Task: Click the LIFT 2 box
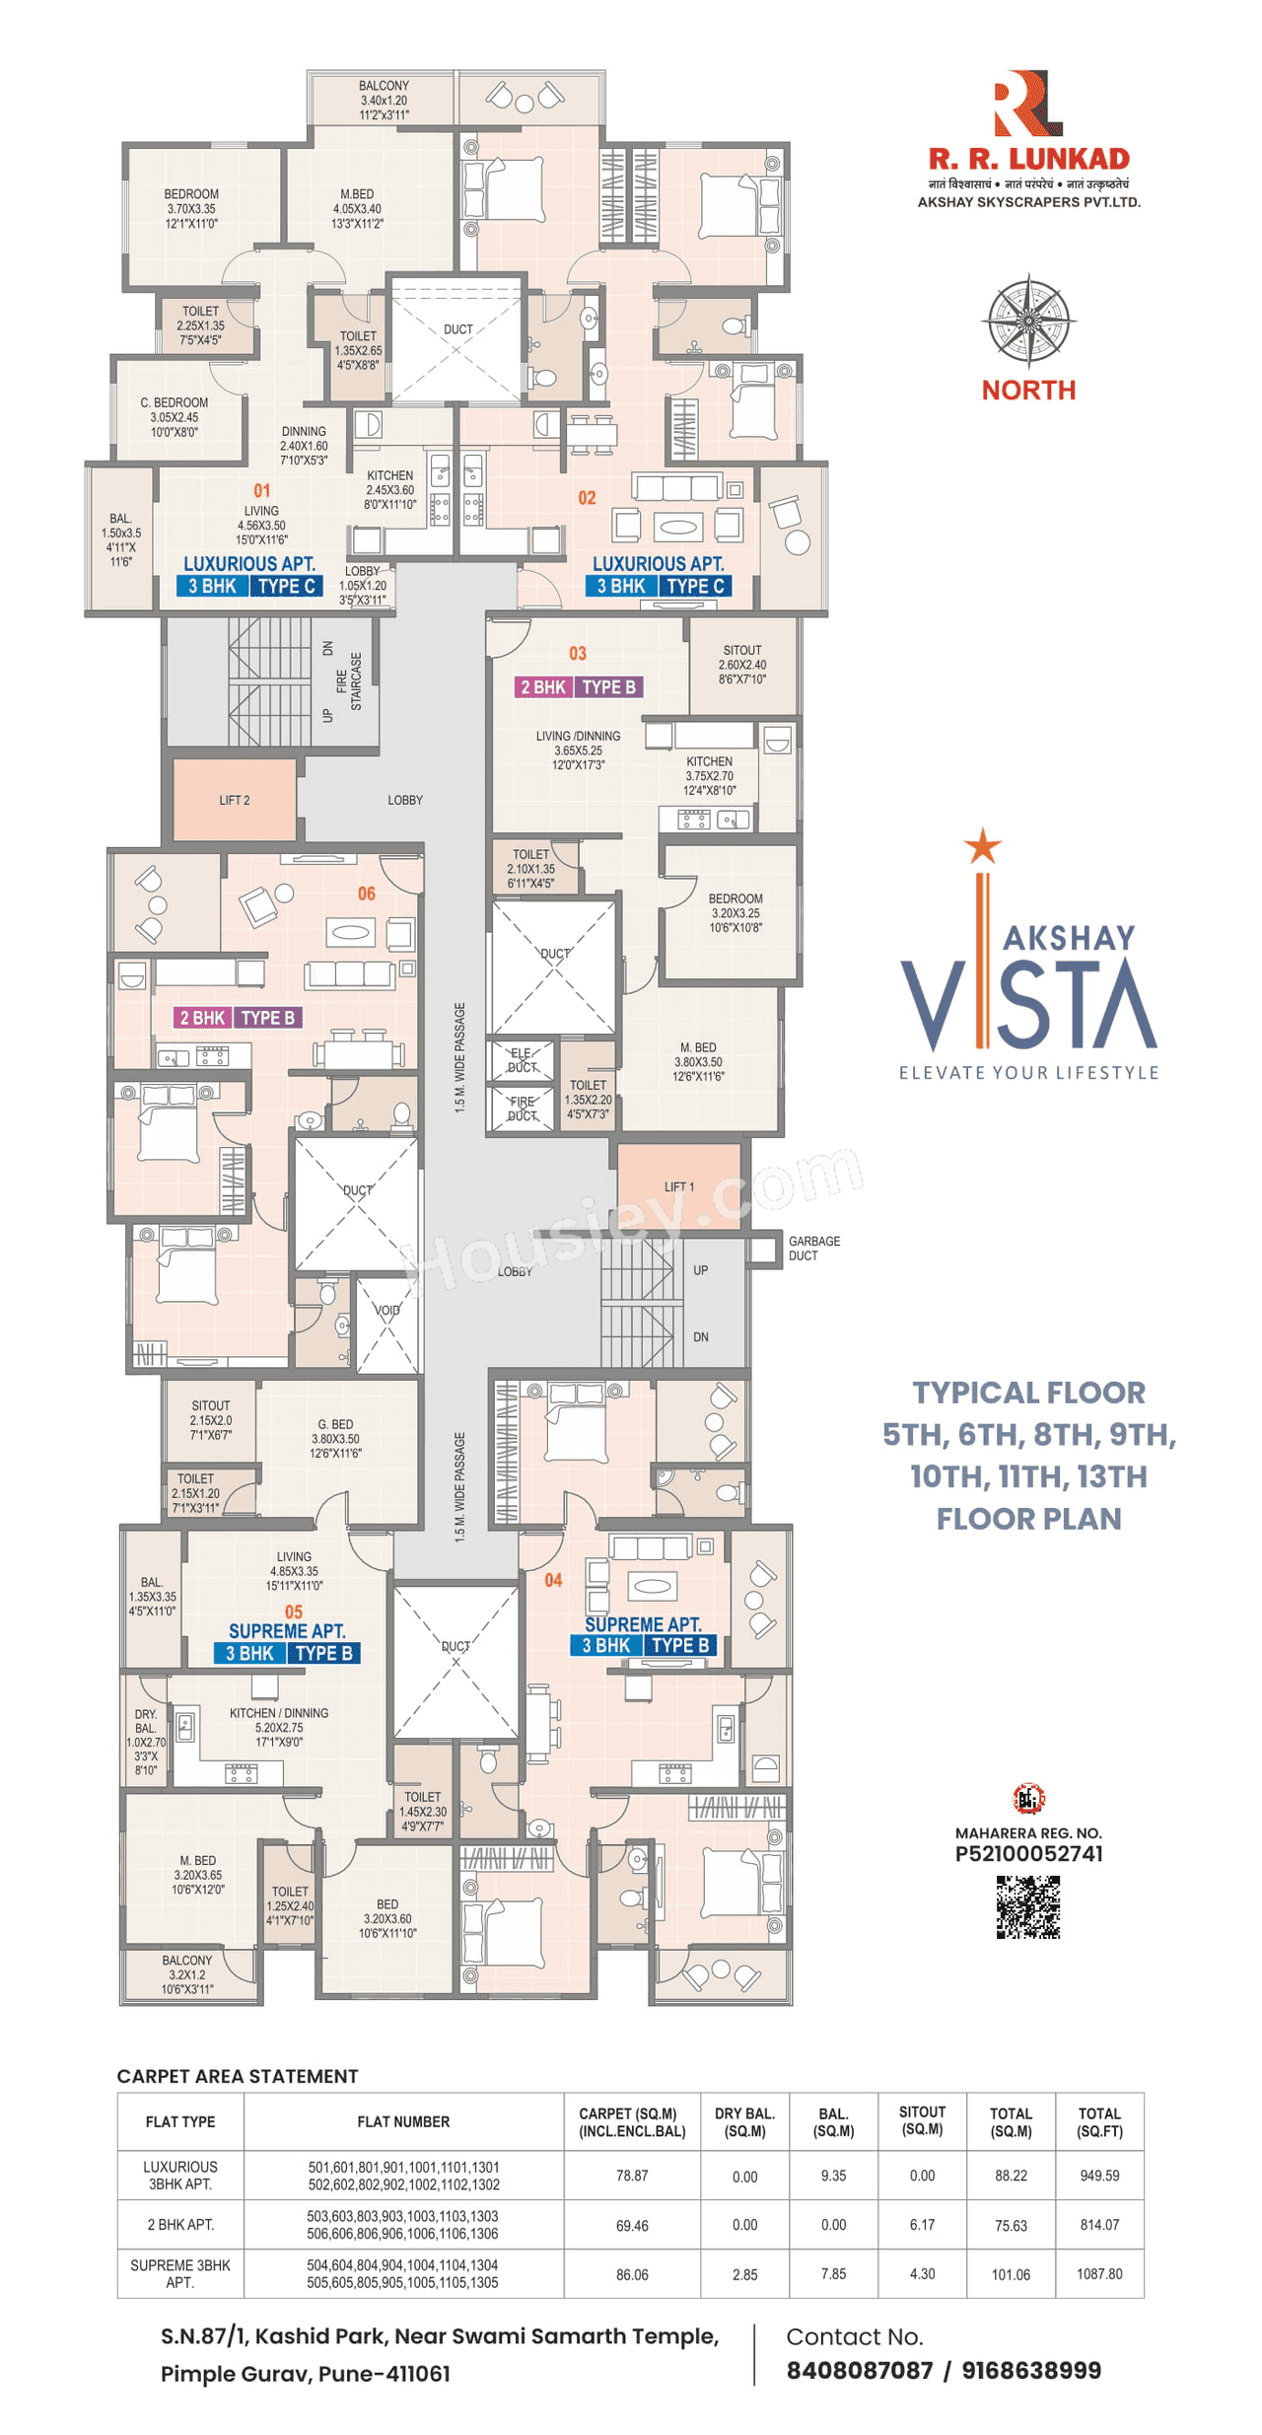pyautogui.click(x=234, y=799)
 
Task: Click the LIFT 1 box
pyautogui.click(x=678, y=1185)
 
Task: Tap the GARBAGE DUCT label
pyautogui.click(x=813, y=1248)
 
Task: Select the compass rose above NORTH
pyautogui.click(x=1028, y=322)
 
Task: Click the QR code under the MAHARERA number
pyautogui.click(x=1027, y=1906)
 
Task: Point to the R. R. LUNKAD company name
pyautogui.click(x=1028, y=158)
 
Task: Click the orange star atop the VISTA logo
pyautogui.click(x=982, y=846)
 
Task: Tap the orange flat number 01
pyautogui.click(x=261, y=490)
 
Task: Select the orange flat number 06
pyautogui.click(x=366, y=893)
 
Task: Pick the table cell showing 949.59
pyautogui.click(x=1098, y=2175)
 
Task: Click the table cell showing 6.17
pyautogui.click(x=922, y=2224)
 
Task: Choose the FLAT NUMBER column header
pyautogui.click(x=403, y=2120)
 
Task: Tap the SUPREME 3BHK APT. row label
pyautogui.click(x=180, y=2273)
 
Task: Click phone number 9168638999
pyautogui.click(x=1030, y=2370)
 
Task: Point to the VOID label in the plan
pyautogui.click(x=387, y=1310)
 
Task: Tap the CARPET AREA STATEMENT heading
pyautogui.click(x=238, y=2076)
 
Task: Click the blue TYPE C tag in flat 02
pyautogui.click(x=694, y=586)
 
